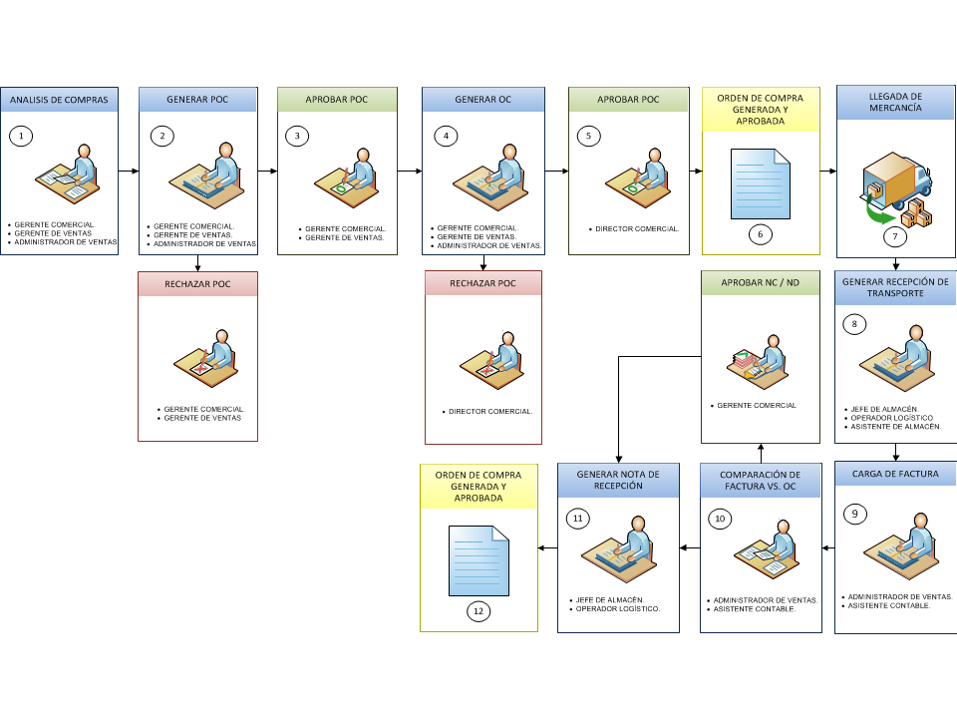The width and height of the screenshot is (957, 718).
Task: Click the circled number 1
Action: click(21, 136)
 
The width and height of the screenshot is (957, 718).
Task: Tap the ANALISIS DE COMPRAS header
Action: click(59, 100)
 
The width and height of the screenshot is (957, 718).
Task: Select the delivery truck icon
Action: click(896, 189)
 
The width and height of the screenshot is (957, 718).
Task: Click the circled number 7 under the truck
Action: click(895, 237)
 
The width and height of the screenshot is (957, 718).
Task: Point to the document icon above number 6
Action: click(761, 183)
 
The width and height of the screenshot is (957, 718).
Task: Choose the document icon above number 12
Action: click(478, 560)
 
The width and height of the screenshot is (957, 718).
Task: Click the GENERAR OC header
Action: click(482, 100)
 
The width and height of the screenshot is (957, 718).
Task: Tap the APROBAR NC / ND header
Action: click(760, 282)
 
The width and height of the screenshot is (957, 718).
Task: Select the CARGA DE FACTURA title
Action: click(895, 474)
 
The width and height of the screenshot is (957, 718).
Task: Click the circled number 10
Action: click(720, 519)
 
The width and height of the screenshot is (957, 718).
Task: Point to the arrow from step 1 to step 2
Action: click(129, 171)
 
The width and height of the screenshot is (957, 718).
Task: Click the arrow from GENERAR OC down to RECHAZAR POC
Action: click(483, 262)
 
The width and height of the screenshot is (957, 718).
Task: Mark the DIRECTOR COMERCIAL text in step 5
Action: click(637, 229)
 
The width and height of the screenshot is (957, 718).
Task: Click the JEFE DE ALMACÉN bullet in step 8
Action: click(884, 409)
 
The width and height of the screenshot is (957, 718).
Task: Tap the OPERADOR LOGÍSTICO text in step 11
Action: click(618, 608)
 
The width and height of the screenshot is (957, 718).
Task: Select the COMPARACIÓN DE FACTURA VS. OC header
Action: click(760, 481)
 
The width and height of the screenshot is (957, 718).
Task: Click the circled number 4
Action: click(446, 136)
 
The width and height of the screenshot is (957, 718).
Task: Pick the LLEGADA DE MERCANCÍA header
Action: click(895, 102)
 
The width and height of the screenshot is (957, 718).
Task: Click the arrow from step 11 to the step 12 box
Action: click(547, 547)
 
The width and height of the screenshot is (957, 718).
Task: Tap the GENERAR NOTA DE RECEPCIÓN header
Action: click(618, 480)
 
